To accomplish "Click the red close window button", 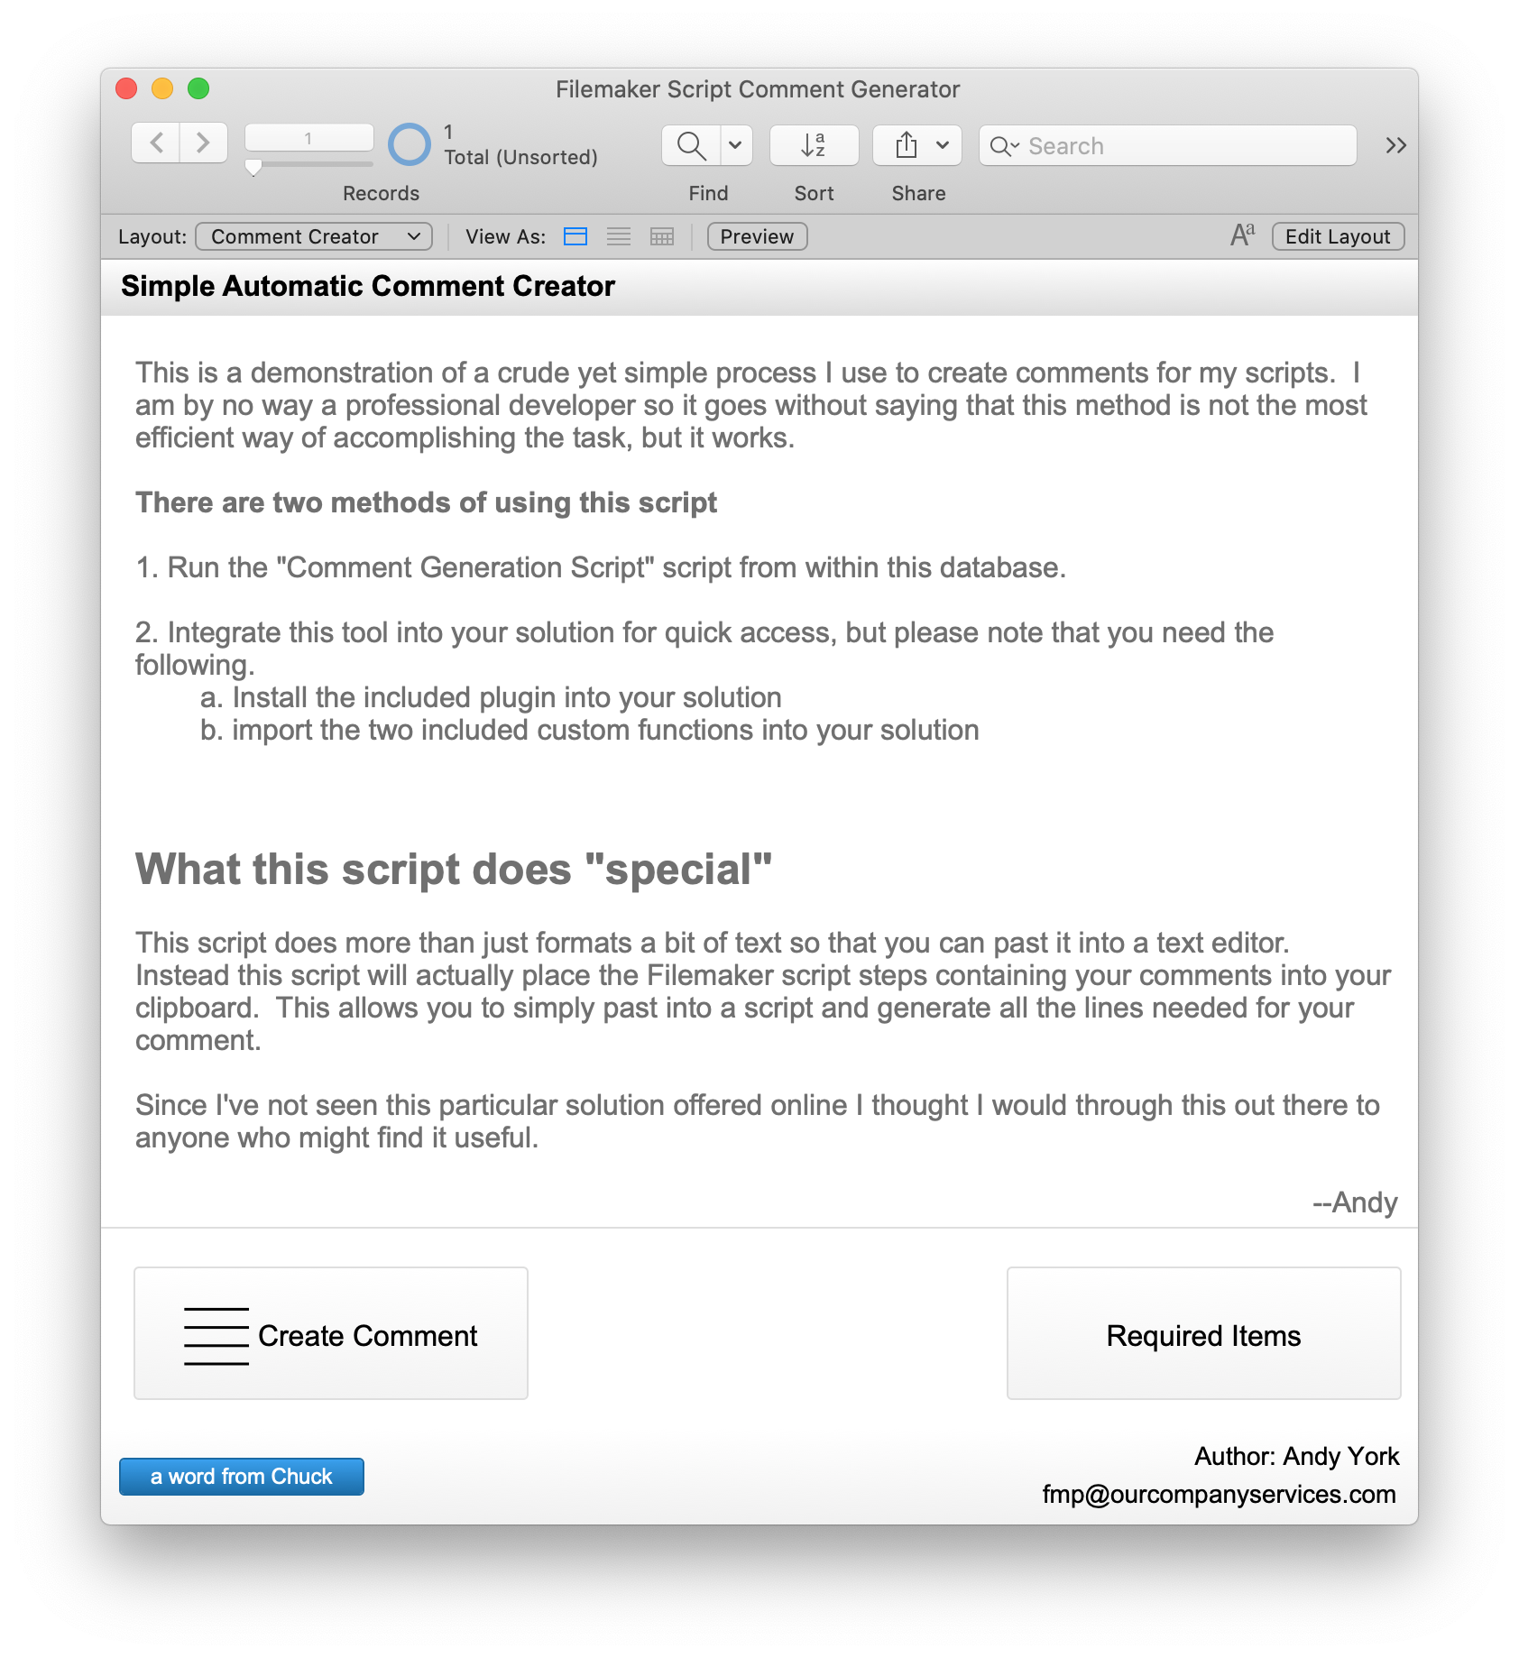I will (126, 88).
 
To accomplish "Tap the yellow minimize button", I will (162, 88).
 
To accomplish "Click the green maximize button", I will (198, 88).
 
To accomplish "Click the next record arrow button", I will (203, 143).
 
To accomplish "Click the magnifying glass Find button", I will (691, 145).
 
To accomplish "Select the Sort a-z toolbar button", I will (814, 145).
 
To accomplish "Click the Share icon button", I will (907, 145).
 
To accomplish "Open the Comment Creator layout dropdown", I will (314, 236).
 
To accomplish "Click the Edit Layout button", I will (1338, 236).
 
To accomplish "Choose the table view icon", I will (662, 236).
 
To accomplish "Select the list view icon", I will (619, 236).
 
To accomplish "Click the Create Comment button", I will (331, 1333).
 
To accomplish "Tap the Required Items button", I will (1203, 1333).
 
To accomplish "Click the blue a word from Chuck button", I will (242, 1477).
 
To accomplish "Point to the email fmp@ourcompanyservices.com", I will (1219, 1495).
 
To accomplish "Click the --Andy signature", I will (1355, 1202).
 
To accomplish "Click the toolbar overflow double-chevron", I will (1395, 145).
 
